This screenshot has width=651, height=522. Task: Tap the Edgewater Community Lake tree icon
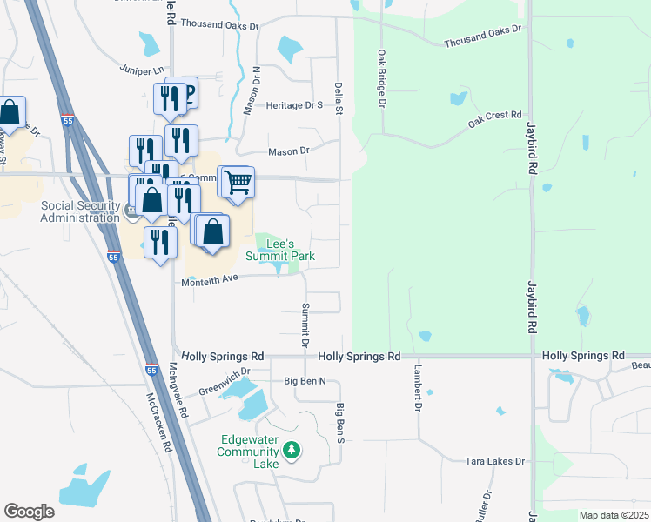point(293,450)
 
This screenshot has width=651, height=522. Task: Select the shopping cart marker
point(238,182)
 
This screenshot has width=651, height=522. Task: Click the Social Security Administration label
point(80,211)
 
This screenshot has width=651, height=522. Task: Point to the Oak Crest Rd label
point(494,119)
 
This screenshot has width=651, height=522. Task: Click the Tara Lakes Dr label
point(496,460)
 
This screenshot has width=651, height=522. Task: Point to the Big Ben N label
point(305,381)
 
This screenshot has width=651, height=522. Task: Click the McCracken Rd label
point(158,422)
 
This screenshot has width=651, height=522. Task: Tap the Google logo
point(29,511)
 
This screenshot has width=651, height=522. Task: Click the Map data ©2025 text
point(614,515)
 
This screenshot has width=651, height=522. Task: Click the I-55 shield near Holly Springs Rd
point(151,369)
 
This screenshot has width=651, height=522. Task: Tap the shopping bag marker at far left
point(10,112)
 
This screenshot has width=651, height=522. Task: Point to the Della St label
point(339,97)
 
